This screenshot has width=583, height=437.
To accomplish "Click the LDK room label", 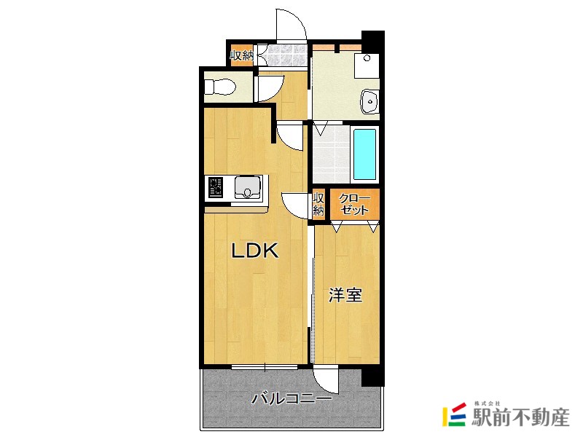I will [x=255, y=251].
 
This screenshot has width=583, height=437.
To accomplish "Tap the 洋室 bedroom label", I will [x=345, y=296].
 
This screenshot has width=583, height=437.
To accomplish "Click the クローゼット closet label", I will [x=355, y=204].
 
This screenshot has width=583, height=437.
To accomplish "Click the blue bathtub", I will [x=364, y=155].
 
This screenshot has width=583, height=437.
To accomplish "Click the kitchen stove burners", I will [x=216, y=189].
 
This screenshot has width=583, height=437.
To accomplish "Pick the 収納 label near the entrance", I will [x=241, y=55].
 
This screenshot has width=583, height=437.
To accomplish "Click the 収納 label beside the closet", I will [x=318, y=204].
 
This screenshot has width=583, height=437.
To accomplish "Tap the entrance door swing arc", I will [x=291, y=25].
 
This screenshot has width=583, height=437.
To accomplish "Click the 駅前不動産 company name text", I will [x=520, y=417].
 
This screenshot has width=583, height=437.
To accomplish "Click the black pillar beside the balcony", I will [x=372, y=374].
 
